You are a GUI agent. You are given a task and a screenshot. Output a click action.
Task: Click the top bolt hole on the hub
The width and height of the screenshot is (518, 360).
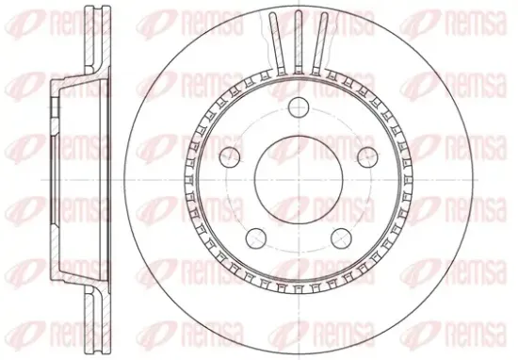(x=299, y=107)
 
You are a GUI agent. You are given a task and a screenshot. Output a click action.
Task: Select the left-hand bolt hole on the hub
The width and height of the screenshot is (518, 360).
(x=230, y=157)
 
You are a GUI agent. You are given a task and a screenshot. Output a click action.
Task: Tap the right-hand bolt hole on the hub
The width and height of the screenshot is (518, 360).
(x=367, y=157)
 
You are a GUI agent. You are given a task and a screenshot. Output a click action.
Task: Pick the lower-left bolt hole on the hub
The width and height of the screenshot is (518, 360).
(x=256, y=238)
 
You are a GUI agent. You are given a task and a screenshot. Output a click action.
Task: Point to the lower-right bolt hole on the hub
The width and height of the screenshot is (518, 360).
(x=341, y=238)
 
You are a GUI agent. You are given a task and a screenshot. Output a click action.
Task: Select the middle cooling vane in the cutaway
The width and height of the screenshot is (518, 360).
(x=299, y=42)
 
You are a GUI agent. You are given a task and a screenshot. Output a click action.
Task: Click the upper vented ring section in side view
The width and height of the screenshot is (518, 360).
(x=97, y=39)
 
